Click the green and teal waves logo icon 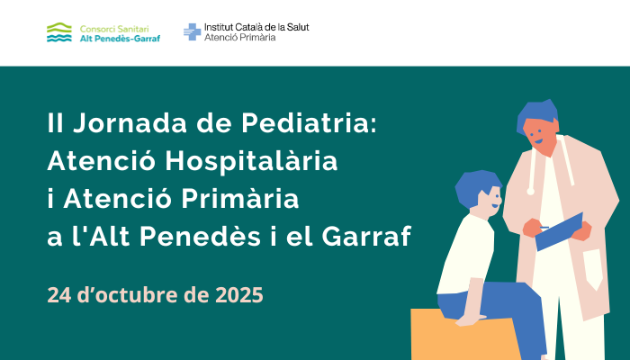[x=59, y=32]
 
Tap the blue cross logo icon [x=192, y=31]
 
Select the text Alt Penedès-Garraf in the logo [x=120, y=39]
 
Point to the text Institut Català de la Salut [x=256, y=27]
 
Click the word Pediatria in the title [x=309, y=122]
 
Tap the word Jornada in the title [x=130, y=122]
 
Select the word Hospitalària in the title [x=251, y=160]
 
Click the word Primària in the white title [x=240, y=198]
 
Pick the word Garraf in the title [x=366, y=236]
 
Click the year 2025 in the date [x=239, y=295]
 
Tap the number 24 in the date [x=59, y=295]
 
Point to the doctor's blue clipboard [x=559, y=232]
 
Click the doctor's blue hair [x=536, y=113]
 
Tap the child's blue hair [x=476, y=187]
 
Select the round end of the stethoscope [x=530, y=192]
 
